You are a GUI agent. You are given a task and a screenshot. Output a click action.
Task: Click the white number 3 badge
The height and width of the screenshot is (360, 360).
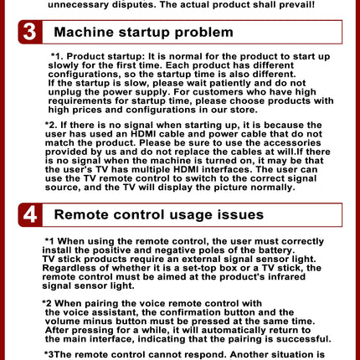click(x=30, y=32)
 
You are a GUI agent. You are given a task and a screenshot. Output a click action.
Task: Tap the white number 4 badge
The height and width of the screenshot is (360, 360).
click(x=30, y=215)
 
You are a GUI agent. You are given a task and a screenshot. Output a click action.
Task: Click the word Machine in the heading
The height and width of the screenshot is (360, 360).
click(x=84, y=32)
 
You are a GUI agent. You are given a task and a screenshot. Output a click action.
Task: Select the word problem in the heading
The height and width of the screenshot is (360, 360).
click(x=203, y=33)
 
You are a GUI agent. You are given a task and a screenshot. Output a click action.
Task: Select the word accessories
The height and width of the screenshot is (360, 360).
click(x=296, y=143)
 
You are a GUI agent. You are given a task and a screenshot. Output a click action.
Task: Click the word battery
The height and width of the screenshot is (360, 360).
click(x=276, y=250)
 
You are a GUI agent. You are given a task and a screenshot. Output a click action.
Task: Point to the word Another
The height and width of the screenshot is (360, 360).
click(x=249, y=355)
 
